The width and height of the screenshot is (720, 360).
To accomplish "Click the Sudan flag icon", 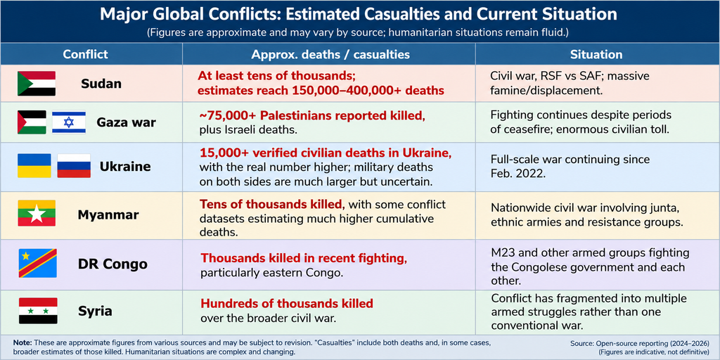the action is click(x=37, y=84).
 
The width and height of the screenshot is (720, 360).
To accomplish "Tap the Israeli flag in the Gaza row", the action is click(x=69, y=122).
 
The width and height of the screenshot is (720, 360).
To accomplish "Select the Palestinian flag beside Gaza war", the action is click(x=32, y=122).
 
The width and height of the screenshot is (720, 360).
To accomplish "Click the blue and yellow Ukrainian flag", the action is click(x=34, y=166).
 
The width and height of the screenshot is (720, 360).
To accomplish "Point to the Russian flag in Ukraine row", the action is click(x=74, y=166).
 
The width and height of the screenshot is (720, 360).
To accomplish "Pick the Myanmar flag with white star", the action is click(x=37, y=213).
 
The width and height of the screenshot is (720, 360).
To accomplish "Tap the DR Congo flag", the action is click(x=38, y=263).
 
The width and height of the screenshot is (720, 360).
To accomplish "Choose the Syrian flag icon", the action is click(x=38, y=311).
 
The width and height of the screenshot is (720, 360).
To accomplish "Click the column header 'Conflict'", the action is click(x=85, y=54).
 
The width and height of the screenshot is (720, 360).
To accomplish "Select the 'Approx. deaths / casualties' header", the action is click(x=330, y=54).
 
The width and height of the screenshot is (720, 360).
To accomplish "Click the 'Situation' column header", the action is click(x=596, y=54).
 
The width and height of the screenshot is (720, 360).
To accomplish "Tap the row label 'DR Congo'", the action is click(x=112, y=264).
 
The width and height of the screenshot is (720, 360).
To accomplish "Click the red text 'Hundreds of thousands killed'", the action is click(x=287, y=304).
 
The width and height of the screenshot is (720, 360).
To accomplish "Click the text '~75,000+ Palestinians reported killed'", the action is click(x=313, y=116).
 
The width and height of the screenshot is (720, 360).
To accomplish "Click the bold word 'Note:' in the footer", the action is click(x=22, y=342).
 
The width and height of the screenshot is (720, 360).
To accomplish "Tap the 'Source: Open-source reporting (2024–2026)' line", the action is click(x=640, y=343).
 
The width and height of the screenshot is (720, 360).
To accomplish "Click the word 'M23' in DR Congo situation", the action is click(x=502, y=252).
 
